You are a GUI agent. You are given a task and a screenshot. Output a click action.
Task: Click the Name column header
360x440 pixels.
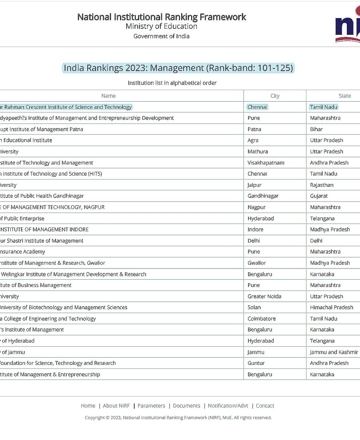(108, 96)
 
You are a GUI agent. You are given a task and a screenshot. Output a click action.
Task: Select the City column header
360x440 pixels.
(275, 96)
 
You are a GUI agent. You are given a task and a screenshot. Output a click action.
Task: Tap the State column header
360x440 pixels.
(344, 96)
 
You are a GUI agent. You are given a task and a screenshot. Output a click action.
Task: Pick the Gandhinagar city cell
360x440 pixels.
(263, 196)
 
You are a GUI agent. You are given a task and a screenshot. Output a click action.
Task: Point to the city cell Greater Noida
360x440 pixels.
(264, 296)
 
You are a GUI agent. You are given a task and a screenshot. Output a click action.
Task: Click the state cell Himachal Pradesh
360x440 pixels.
(331, 308)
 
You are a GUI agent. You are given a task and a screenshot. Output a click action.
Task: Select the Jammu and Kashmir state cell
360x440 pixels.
(334, 352)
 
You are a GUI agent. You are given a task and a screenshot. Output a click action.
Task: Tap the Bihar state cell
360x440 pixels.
(316, 129)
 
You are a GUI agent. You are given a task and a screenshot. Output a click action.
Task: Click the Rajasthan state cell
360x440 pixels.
(321, 185)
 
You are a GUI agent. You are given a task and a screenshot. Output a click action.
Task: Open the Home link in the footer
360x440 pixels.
(88, 406)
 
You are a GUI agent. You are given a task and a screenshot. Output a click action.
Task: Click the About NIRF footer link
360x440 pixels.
(116, 406)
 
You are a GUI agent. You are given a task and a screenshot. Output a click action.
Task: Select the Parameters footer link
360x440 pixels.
(151, 406)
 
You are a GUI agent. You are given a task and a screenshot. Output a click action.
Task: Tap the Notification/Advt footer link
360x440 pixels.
(228, 406)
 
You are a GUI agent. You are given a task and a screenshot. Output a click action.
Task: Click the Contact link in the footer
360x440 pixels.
(265, 406)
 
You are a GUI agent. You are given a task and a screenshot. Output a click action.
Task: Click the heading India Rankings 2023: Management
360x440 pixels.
(178, 68)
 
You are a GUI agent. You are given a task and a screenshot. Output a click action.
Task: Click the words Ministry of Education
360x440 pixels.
(161, 26)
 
